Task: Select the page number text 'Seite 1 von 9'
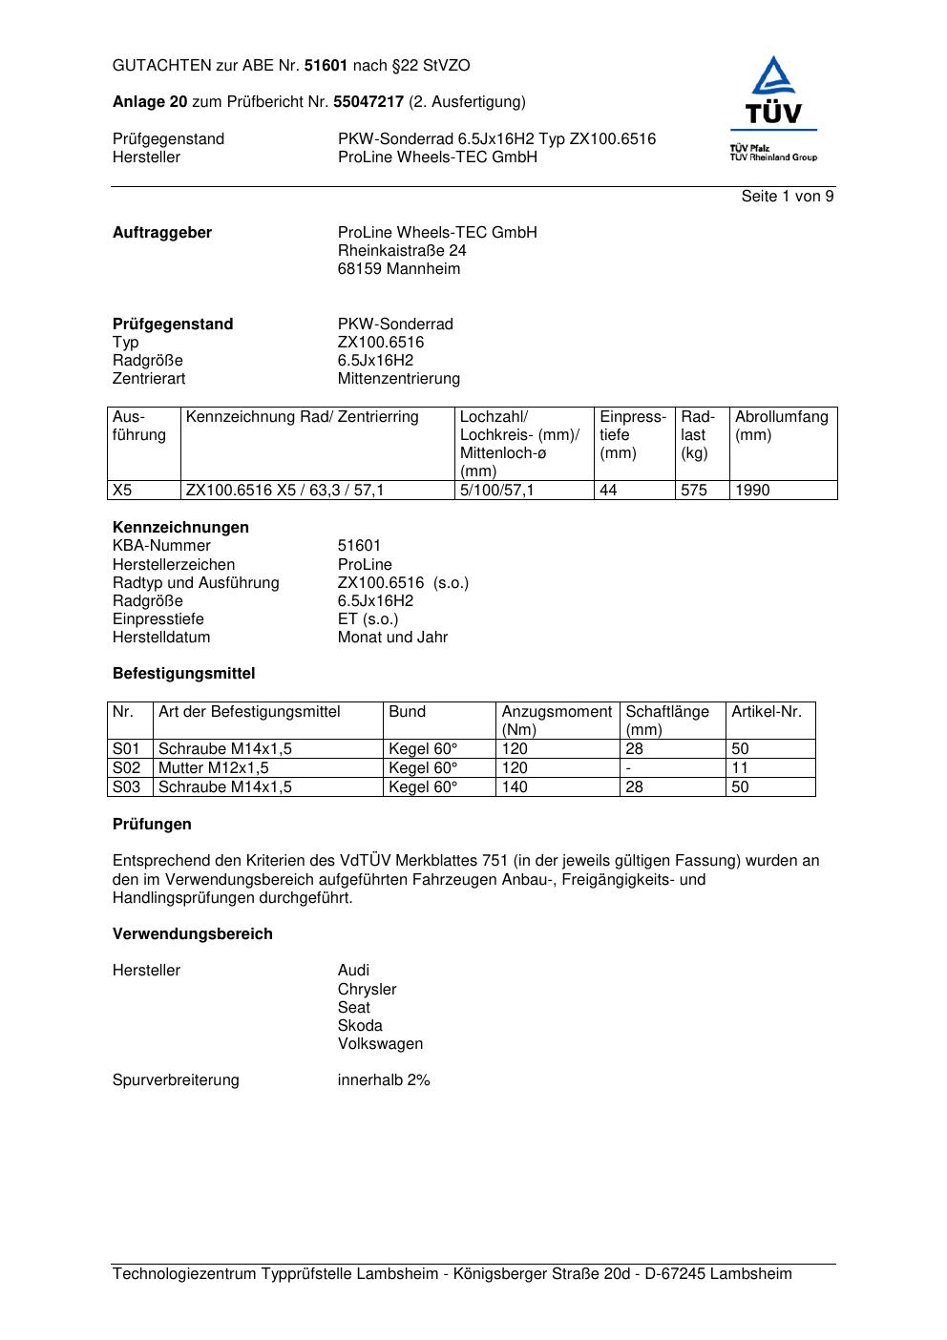coord(788,197)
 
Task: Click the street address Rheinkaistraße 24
coord(402,251)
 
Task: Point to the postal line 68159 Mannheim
coord(399,269)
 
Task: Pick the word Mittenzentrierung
coord(398,379)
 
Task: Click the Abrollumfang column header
coord(781,417)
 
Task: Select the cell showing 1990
coord(752,491)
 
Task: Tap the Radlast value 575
coord(694,491)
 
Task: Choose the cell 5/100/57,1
coord(497,491)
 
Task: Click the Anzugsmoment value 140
coord(515,787)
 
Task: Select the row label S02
coord(126,768)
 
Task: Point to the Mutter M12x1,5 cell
coord(213,768)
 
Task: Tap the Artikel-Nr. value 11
coord(740,768)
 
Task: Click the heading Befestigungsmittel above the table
coord(183,674)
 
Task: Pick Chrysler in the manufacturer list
coord(367,990)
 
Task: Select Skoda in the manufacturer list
coord(360,1026)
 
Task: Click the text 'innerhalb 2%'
coord(384,1080)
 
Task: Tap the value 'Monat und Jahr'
coord(392,638)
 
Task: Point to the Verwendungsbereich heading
coord(193,934)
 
